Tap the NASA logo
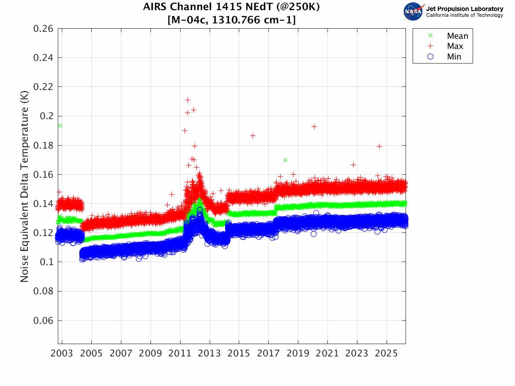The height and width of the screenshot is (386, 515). (x=414, y=11)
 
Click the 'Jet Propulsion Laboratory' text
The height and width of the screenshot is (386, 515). (x=464, y=9)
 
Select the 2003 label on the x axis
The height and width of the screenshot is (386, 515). (x=62, y=354)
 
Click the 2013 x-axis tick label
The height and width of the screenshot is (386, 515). (x=210, y=354)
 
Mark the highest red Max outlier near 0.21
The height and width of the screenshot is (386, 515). (x=188, y=100)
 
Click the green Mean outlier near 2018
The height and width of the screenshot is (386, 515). (x=285, y=160)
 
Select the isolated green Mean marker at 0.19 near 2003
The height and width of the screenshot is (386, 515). (x=60, y=126)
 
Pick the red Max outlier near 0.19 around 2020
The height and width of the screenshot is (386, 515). (x=314, y=127)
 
